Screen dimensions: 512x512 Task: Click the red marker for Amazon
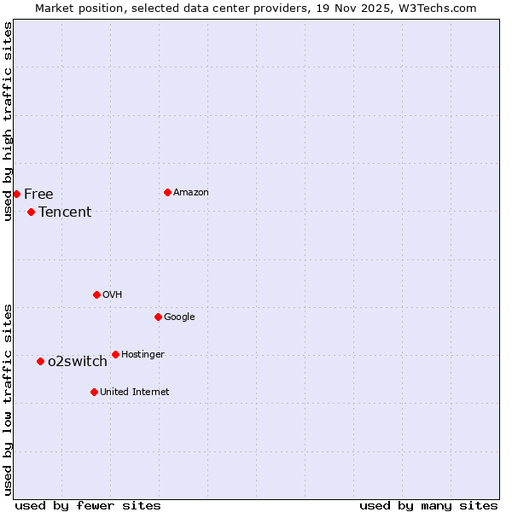tap(167, 192)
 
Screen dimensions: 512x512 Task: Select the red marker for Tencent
tap(31, 212)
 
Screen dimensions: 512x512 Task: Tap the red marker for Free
tap(16, 194)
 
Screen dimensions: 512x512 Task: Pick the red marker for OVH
tap(96, 294)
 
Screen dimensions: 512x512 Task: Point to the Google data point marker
tap(158, 317)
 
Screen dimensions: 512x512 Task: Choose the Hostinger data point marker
tap(115, 354)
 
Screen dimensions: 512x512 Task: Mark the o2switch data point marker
tap(40, 361)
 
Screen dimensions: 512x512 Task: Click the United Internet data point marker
tap(94, 392)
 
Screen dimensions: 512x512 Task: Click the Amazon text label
tap(191, 193)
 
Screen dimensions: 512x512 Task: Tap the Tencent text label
tap(65, 212)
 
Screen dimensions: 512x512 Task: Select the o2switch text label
tap(78, 362)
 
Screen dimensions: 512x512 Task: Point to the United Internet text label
tap(135, 393)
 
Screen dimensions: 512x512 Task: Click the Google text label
tap(179, 317)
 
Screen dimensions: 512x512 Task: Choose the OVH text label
tap(113, 295)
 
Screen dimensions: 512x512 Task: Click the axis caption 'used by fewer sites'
tap(88, 505)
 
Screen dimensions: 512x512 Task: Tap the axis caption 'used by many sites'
tap(428, 505)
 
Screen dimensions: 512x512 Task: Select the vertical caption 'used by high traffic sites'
tap(8, 121)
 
